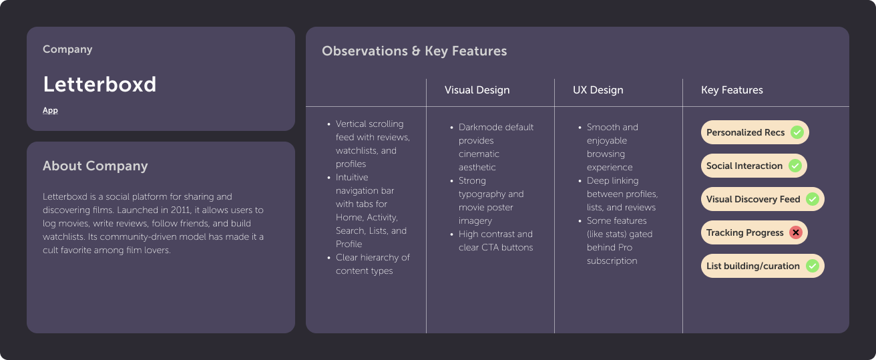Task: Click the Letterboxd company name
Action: pyautogui.click(x=99, y=84)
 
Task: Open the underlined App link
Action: pyautogui.click(x=50, y=110)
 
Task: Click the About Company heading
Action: pyautogui.click(x=95, y=166)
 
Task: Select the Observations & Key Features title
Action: pyautogui.click(x=414, y=51)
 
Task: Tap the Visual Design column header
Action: pyautogui.click(x=477, y=89)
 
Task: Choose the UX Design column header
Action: pyautogui.click(x=598, y=89)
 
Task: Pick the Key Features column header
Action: pyautogui.click(x=732, y=89)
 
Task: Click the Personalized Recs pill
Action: pyautogui.click(x=754, y=132)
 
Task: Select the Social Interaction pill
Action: pyautogui.click(x=753, y=166)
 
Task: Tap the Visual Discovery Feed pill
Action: pyautogui.click(x=762, y=199)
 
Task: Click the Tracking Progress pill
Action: pyautogui.click(x=754, y=232)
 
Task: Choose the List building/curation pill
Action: pyautogui.click(x=762, y=266)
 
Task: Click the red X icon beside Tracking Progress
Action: pyautogui.click(x=795, y=232)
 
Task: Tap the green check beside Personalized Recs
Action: pyautogui.click(x=797, y=132)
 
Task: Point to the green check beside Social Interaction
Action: pyautogui.click(x=795, y=166)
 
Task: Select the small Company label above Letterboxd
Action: pyautogui.click(x=67, y=49)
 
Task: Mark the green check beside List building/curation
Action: pyautogui.click(x=812, y=266)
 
